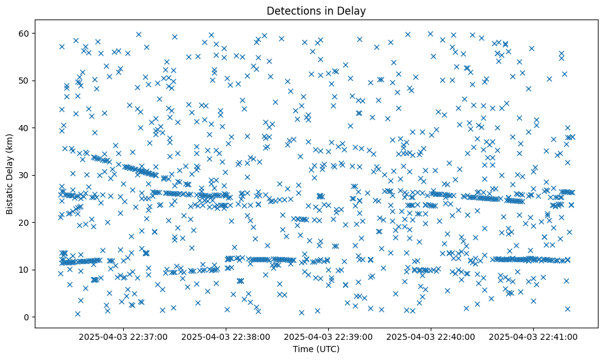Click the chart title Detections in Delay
[316, 10]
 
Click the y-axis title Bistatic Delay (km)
[10, 175]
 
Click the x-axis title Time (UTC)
[316, 349]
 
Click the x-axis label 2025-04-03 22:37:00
[123, 336]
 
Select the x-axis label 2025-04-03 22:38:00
[226, 336]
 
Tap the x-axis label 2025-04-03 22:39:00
[329, 336]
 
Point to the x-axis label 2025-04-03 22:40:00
[431, 336]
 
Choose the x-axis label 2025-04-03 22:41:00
[534, 336]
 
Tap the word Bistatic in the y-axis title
[10, 196]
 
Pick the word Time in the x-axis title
[303, 349]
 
